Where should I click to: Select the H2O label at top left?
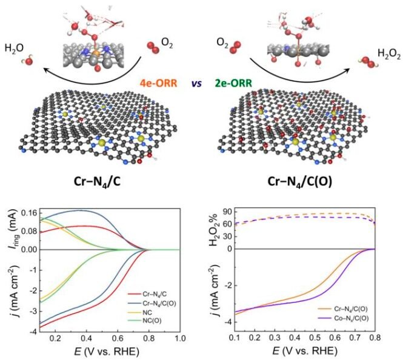[15, 48]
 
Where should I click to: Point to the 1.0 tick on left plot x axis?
[179, 337]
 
